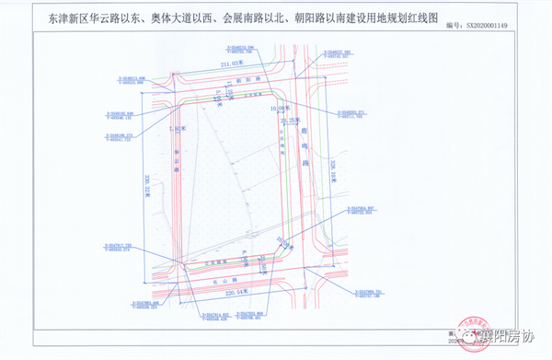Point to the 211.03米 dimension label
click(234, 63)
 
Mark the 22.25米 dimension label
click(292, 120)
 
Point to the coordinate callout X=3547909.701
click(368, 294)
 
